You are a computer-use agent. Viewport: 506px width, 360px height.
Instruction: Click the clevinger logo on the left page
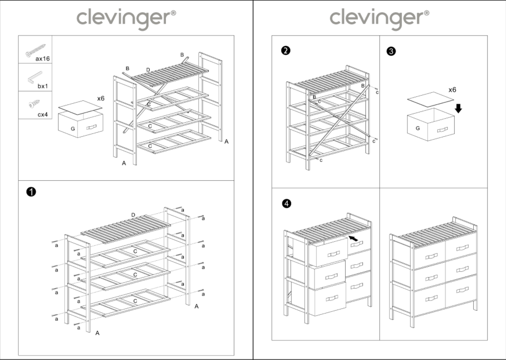pyautogui.click(x=126, y=19)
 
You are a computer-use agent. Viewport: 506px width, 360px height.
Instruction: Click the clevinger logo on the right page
pyautogui.click(x=379, y=19)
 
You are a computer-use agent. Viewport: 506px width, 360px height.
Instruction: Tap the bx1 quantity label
pyautogui.click(x=42, y=86)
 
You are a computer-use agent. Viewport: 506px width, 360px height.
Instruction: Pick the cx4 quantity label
pyautogui.click(x=42, y=114)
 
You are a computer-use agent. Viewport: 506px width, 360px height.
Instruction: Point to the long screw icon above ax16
pyautogui.click(x=36, y=50)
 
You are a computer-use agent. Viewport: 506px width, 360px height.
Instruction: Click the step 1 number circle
pyautogui.click(x=30, y=192)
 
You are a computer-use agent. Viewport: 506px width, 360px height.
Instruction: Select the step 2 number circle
pyautogui.click(x=285, y=51)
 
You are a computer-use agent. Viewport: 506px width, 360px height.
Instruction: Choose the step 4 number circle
pyautogui.click(x=286, y=204)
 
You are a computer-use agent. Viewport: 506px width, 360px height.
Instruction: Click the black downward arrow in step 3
pyautogui.click(x=458, y=108)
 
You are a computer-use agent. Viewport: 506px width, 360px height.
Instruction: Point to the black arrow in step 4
pyautogui.click(x=354, y=237)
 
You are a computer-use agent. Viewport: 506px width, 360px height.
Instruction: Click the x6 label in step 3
pyautogui.click(x=452, y=90)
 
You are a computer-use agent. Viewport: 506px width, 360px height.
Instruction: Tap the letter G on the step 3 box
pyautogui.click(x=417, y=128)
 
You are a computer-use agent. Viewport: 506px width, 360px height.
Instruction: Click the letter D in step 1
pyautogui.click(x=133, y=214)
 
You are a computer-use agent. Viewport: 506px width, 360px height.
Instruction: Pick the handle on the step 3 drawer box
pyautogui.click(x=442, y=130)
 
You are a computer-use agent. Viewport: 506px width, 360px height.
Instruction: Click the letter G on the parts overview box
pyautogui.click(x=72, y=128)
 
